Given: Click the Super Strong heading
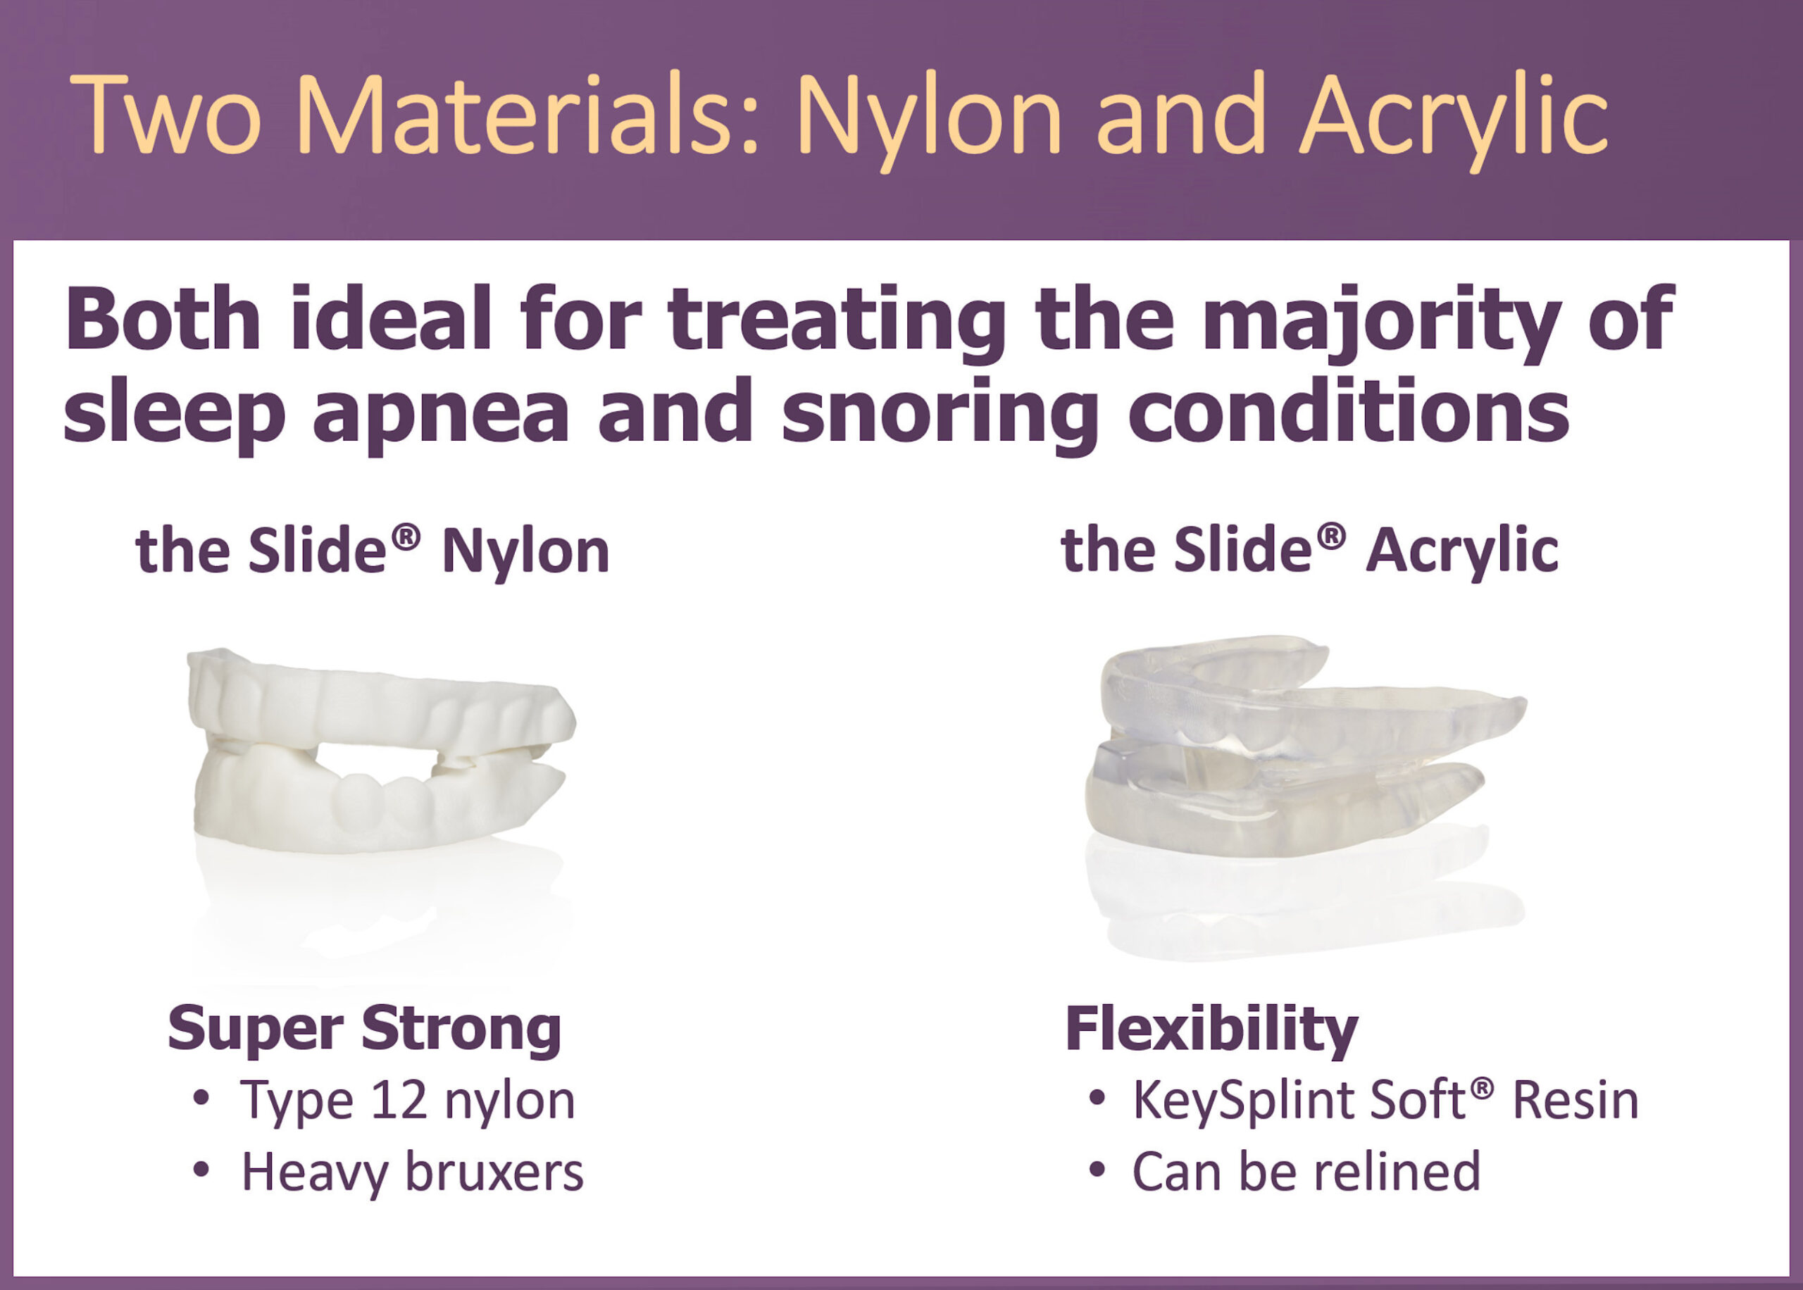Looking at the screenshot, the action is [x=365, y=1029].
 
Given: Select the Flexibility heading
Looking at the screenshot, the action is [x=1211, y=1029].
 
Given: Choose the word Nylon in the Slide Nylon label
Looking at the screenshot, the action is [x=525, y=553].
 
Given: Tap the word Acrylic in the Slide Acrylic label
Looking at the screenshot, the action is [x=1462, y=553].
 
